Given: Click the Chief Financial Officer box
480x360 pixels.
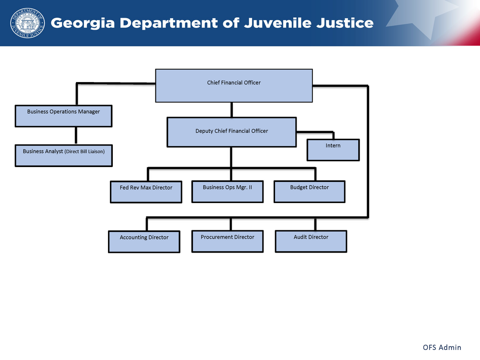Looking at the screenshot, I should [234, 85].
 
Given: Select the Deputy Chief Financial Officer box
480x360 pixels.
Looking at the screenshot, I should [231, 132].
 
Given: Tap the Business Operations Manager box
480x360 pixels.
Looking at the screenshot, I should [63, 116].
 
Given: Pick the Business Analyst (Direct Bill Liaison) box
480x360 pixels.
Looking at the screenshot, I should [63, 155].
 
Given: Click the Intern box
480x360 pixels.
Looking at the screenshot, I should [333, 150].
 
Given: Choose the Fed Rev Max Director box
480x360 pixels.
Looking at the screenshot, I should [146, 192].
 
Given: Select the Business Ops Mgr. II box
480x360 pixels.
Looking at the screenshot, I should [228, 191].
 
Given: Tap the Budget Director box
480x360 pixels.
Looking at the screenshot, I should [310, 191].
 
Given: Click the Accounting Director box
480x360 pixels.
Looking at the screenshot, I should [144, 241].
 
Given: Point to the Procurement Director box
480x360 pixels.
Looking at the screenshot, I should [228, 241].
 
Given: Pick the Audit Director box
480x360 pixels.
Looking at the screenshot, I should [311, 241].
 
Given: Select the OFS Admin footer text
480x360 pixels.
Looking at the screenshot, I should [442, 347].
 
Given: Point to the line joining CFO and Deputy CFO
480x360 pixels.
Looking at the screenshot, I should [231, 110].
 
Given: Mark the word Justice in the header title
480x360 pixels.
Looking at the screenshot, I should [347, 23].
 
